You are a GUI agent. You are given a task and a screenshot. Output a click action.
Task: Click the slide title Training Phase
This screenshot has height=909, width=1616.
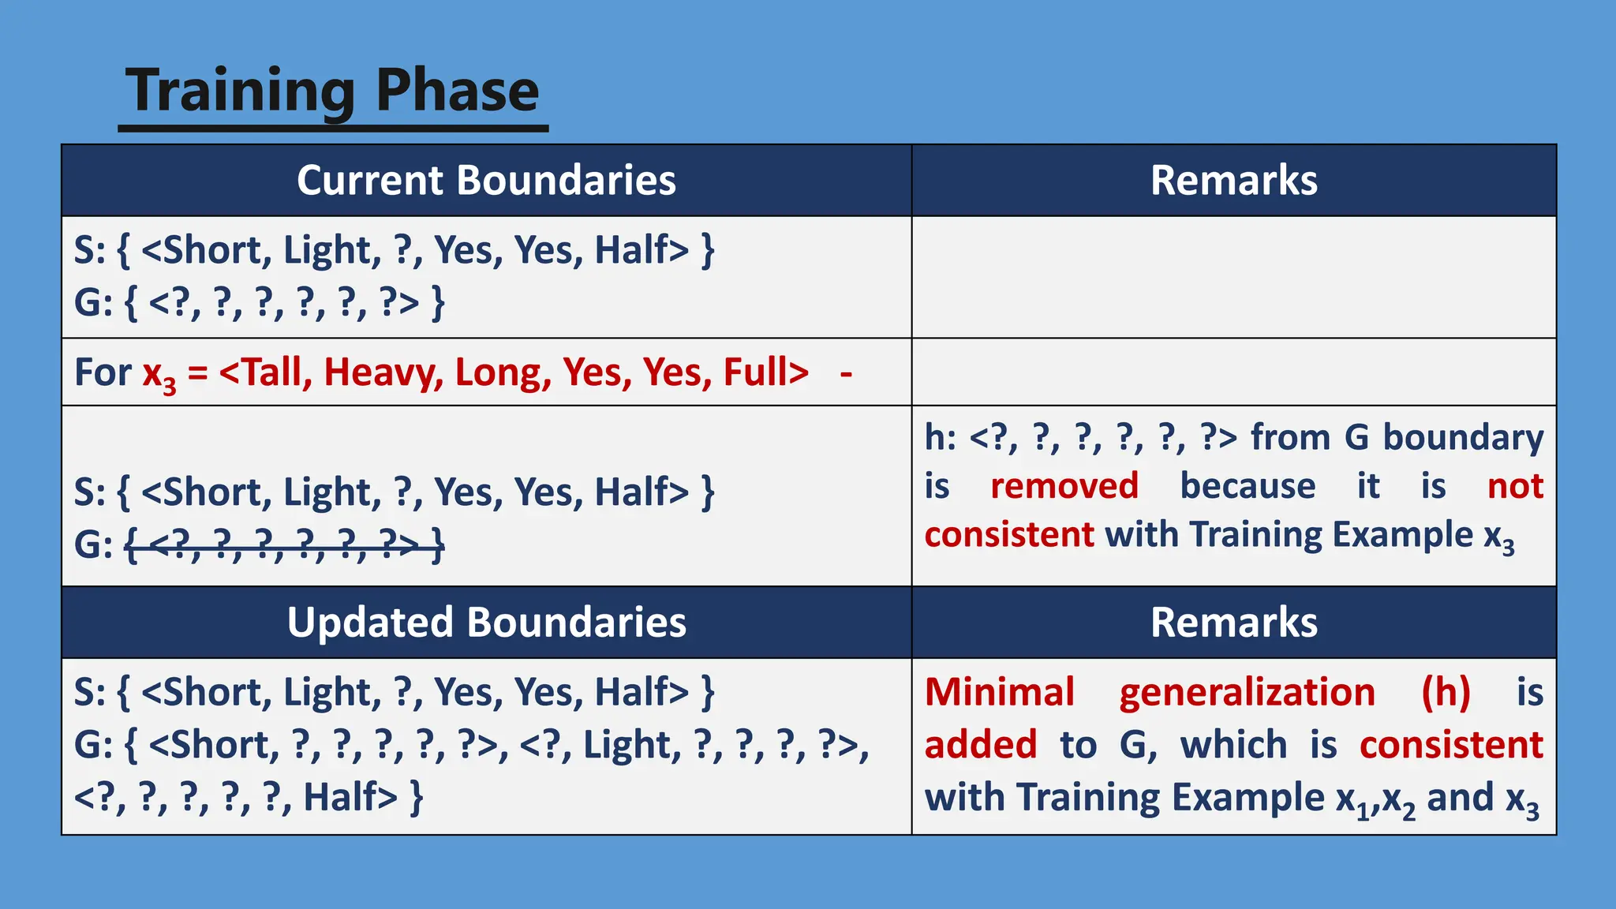(332, 91)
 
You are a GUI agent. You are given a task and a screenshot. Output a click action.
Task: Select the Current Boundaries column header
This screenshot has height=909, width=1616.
(486, 180)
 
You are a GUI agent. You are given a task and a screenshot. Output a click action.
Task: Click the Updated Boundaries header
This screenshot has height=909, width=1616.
(486, 622)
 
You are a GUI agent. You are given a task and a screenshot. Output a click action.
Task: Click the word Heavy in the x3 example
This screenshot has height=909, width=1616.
(383, 372)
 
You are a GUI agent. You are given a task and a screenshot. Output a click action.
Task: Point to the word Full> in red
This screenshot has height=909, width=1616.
(765, 372)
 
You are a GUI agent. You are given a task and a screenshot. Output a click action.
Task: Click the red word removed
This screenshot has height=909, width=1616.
(1064, 485)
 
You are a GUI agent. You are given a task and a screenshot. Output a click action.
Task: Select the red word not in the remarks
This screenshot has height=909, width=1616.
(1514, 485)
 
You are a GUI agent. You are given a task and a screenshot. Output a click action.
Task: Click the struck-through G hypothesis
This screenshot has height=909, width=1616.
(285, 544)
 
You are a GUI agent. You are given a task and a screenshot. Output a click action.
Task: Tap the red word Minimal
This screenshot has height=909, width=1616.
(999, 692)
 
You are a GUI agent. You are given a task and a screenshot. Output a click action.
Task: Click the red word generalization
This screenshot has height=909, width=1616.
(1247, 692)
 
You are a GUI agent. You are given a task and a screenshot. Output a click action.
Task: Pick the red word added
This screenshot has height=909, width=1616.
(980, 744)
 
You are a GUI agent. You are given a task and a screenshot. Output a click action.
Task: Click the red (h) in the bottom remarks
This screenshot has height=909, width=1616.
(1446, 692)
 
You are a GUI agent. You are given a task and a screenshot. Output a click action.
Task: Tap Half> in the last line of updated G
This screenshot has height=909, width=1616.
(350, 797)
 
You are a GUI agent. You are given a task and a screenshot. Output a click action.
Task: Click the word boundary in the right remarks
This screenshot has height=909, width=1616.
(1463, 436)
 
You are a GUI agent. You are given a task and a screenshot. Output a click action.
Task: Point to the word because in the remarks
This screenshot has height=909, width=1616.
(1247, 485)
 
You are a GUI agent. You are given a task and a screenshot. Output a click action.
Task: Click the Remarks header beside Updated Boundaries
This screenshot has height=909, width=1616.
(1233, 622)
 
